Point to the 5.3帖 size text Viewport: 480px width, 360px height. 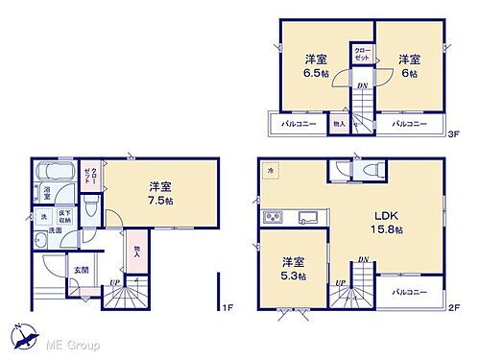(x=293, y=275)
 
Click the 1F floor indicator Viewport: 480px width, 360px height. (x=227, y=306)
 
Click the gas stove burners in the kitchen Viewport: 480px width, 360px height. (x=271, y=217)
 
